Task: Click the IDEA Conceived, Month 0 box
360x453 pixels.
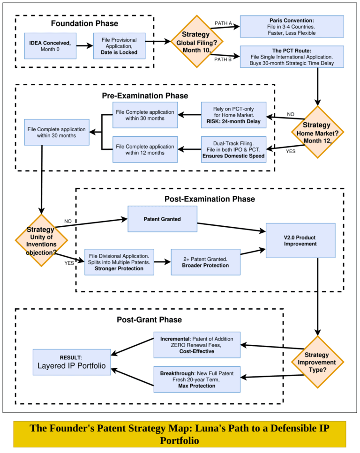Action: click(x=50, y=45)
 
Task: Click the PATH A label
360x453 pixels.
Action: click(x=223, y=23)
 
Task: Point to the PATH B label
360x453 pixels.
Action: click(x=223, y=59)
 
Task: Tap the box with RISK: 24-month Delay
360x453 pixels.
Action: click(x=233, y=115)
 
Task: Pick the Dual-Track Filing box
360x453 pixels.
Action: click(x=233, y=149)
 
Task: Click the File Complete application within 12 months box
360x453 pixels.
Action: click(x=145, y=149)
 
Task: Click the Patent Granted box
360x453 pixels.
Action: click(x=162, y=220)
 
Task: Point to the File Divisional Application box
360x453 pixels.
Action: click(x=119, y=262)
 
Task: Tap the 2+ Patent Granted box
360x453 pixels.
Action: click(x=205, y=262)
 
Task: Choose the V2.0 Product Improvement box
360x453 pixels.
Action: click(x=300, y=240)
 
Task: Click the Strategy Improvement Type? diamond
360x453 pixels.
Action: click(x=318, y=362)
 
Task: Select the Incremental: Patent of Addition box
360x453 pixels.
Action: click(x=197, y=344)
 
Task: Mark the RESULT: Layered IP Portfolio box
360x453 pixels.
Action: click(x=72, y=362)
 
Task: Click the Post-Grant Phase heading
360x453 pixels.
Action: click(x=149, y=320)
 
